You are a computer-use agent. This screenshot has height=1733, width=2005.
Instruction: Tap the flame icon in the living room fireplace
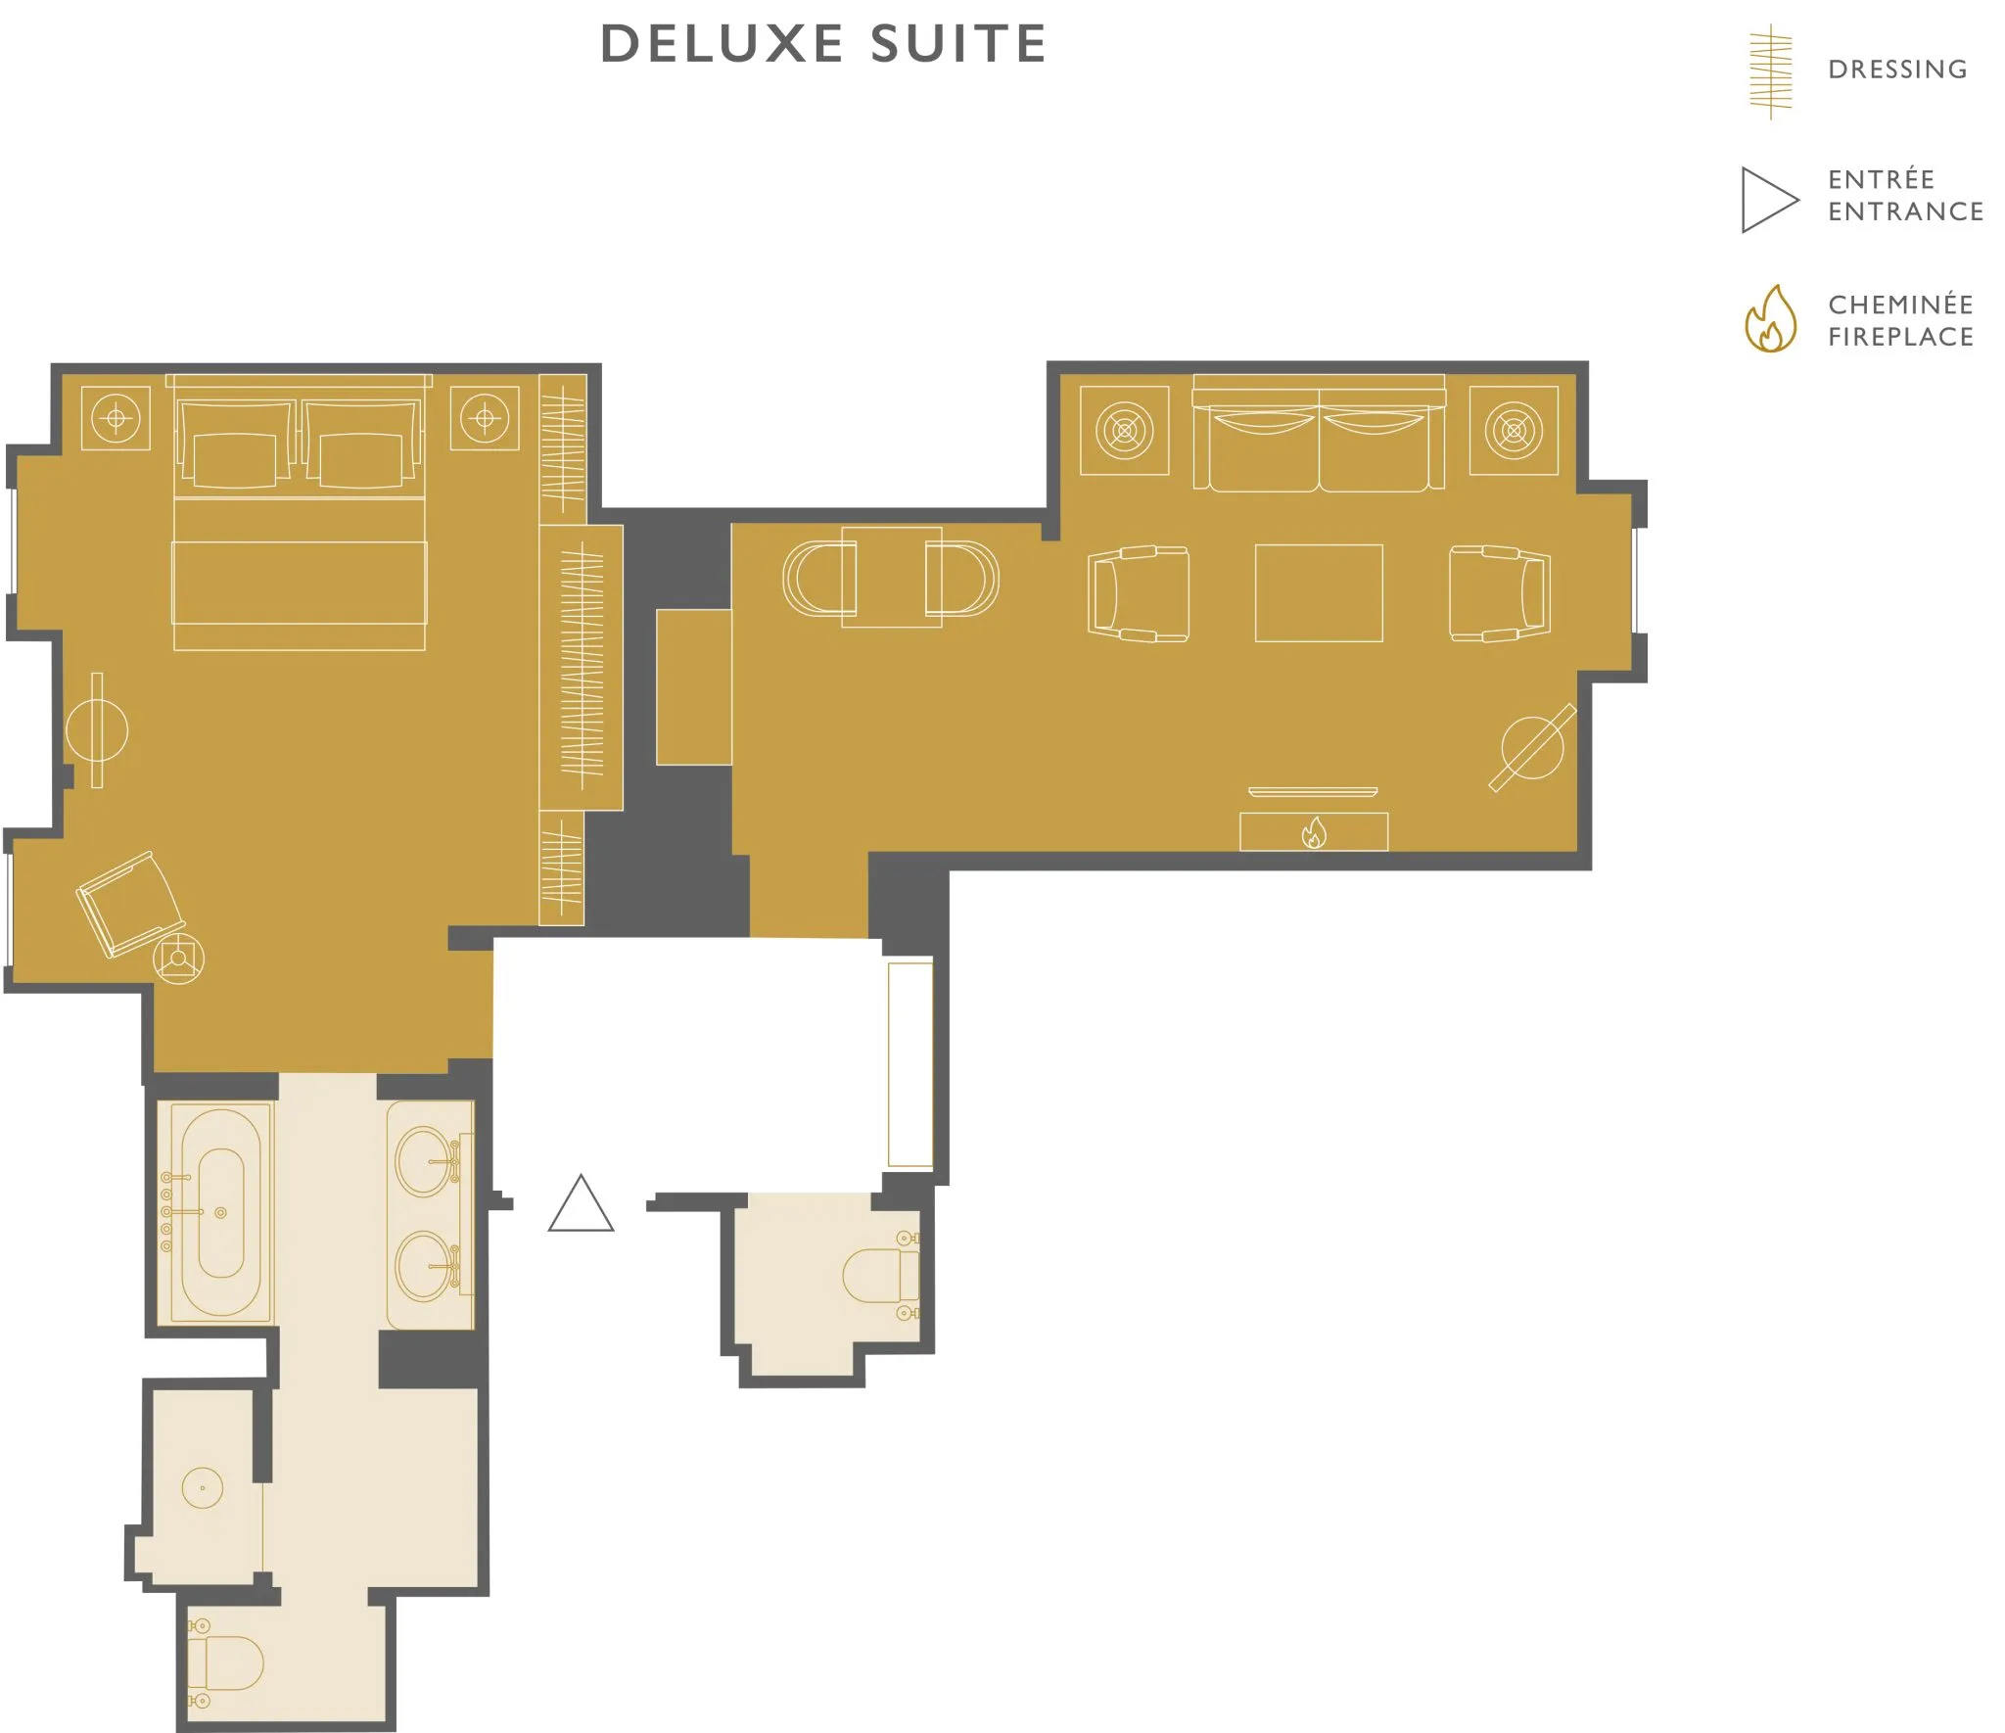pos(1314,832)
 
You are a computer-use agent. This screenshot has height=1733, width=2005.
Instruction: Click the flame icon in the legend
pos(1770,319)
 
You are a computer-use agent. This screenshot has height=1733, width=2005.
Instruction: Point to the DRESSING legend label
pos(1897,70)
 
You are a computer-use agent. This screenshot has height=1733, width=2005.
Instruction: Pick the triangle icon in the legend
pos(1770,200)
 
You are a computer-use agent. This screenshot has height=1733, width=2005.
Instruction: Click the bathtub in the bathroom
pos(221,1212)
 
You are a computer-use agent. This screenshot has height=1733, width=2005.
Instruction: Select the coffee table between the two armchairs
pos(1319,593)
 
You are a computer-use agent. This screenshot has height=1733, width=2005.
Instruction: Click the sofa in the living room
pos(1319,433)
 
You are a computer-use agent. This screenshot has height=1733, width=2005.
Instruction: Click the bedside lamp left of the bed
pos(116,419)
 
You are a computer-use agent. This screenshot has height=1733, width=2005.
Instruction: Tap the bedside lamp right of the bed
pos(485,419)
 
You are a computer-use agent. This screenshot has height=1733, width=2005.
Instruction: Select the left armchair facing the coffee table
pos(1139,593)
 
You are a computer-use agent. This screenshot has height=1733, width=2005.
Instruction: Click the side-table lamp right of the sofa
pos(1514,430)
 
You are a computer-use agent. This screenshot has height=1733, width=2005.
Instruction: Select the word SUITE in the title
pos(958,44)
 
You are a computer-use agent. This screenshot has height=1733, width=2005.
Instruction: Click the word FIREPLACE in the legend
pos(1901,337)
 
